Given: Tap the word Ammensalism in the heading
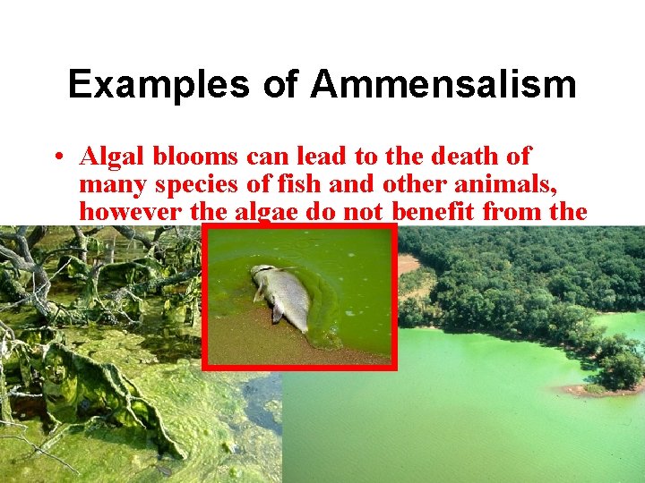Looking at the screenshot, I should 443,85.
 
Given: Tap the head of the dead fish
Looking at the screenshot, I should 261,273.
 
